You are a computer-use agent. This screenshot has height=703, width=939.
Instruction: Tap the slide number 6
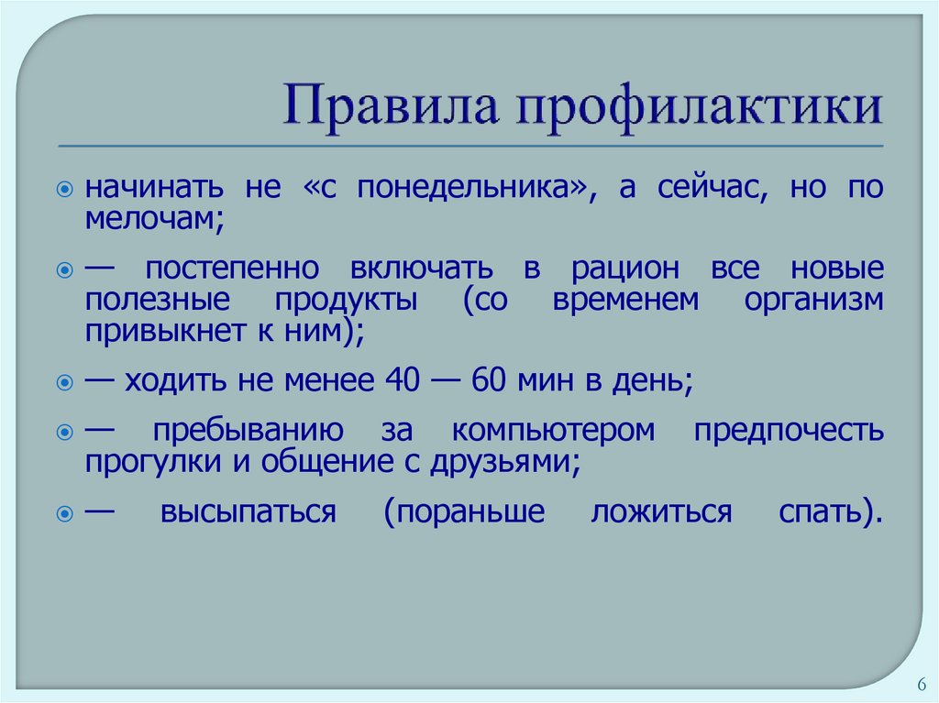coord(920,684)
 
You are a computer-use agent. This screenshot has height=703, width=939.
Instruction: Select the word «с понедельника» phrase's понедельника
coord(471,189)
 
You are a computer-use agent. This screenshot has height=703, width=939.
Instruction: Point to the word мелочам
coord(155,218)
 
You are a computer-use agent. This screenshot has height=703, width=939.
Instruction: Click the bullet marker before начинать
coord(65,189)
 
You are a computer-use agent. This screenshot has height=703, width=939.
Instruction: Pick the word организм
coord(814,299)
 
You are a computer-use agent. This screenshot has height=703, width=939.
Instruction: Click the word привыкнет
coord(150,329)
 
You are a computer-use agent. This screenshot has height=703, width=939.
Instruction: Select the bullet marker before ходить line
coord(65,379)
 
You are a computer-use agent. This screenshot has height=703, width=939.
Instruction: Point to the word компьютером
coord(553,430)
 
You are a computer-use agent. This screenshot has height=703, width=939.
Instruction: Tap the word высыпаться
coord(247,511)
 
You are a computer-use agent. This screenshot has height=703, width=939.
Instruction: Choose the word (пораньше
coord(465,511)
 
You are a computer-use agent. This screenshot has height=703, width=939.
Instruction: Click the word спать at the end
coord(830,511)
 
